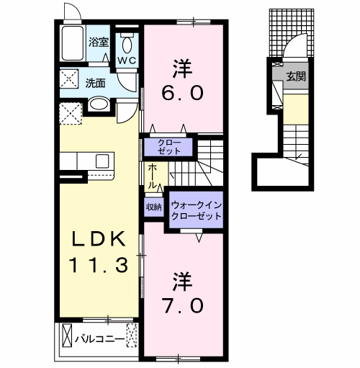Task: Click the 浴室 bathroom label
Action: pos(99,42)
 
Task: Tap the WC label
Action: pos(127,60)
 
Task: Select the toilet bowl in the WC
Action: pos(127,42)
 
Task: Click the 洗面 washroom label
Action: pos(96,82)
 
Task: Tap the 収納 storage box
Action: pos(154,207)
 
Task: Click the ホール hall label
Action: pos(153,176)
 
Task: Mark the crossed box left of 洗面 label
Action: pos(69,79)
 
